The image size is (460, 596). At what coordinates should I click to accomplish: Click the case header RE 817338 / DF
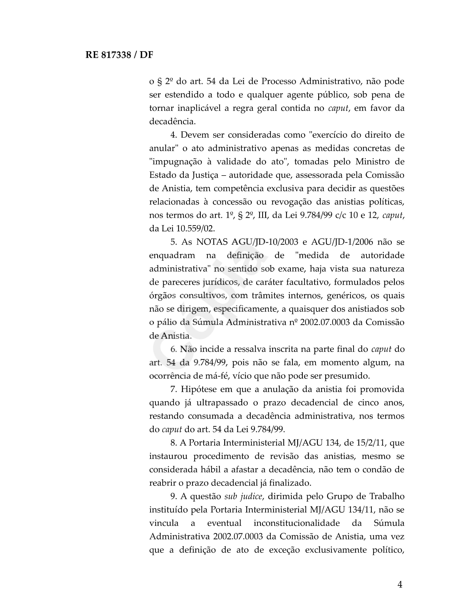pyautogui.click(x=119, y=55)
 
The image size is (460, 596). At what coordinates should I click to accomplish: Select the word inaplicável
pyautogui.click(x=199, y=108)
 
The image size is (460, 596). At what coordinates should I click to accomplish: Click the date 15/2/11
pyautogui.click(x=371, y=443)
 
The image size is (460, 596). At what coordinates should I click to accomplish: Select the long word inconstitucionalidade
pyautogui.click(x=297, y=523)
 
